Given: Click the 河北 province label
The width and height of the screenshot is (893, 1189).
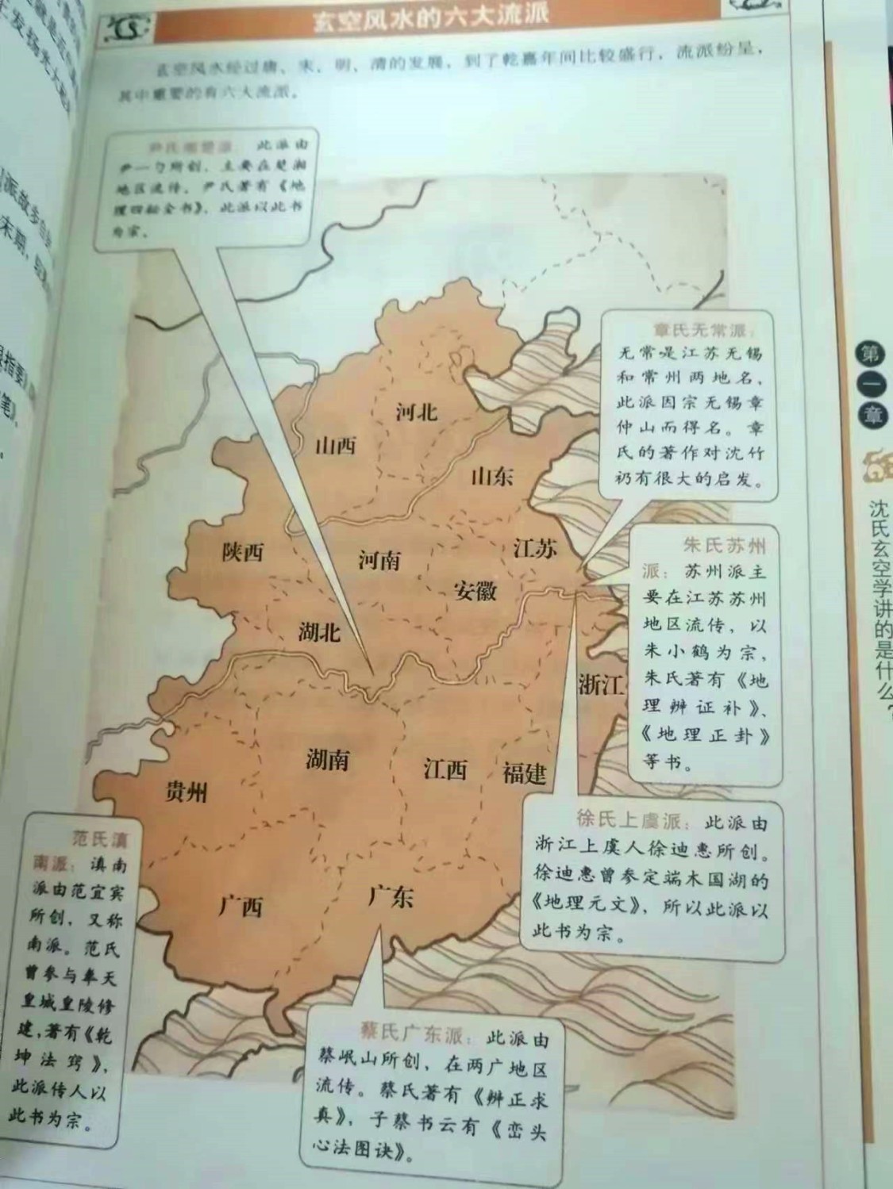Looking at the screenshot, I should pos(416,411).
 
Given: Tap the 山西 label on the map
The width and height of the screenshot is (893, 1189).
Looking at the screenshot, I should pos(336,445).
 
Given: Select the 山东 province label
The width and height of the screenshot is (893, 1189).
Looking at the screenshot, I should pos(492,476).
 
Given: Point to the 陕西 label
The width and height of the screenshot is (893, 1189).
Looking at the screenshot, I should pos(242,551).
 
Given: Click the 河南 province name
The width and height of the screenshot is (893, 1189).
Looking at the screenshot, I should pos(379,561).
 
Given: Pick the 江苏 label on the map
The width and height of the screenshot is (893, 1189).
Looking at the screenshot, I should pos(535,548).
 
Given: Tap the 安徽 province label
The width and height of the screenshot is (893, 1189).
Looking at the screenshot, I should pos(475,590).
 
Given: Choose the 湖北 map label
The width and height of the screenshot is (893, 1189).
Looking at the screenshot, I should pos(320,632).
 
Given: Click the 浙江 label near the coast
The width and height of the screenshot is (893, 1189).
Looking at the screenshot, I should pos(601,685).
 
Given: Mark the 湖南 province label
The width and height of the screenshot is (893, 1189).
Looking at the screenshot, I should pos(327,759).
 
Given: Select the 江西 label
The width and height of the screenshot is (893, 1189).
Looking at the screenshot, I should pos(445,769).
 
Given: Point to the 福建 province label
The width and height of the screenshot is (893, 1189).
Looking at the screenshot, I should pos(524,772).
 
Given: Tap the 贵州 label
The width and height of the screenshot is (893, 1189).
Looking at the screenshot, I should pos(186,791).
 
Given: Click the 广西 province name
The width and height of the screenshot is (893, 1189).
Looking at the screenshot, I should pos(241,905).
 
